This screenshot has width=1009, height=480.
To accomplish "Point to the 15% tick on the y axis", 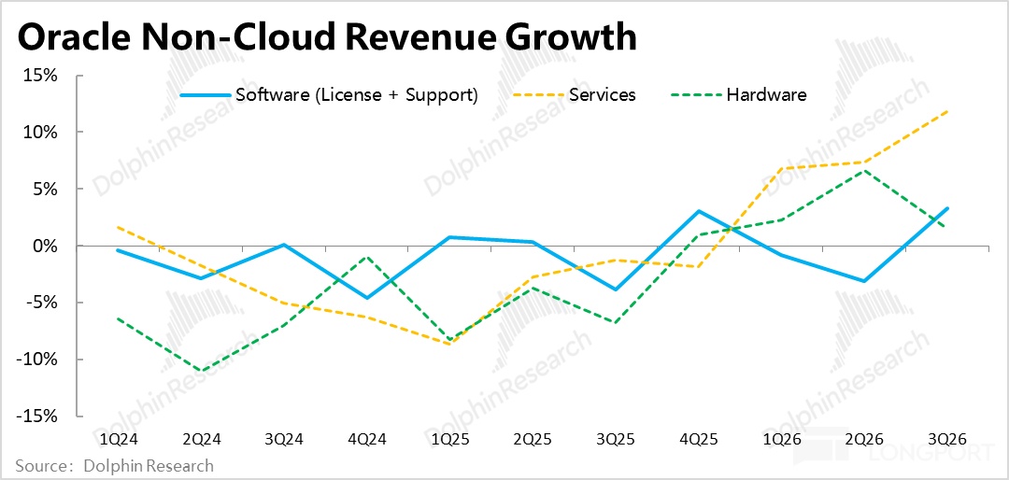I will click(44, 76).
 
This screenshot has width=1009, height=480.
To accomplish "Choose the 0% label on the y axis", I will click(47, 246).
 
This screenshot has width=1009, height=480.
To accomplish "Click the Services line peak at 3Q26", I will click(947, 111).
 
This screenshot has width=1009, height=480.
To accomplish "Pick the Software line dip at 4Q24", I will click(366, 298).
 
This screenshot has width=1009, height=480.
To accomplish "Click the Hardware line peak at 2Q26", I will click(864, 171).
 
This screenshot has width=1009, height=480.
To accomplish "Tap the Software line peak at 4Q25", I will click(699, 211).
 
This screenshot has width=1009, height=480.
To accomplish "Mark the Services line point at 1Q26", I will click(781, 169).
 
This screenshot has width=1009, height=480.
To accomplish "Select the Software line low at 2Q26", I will click(864, 281).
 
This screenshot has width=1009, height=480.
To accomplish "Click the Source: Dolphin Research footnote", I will click(114, 465).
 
